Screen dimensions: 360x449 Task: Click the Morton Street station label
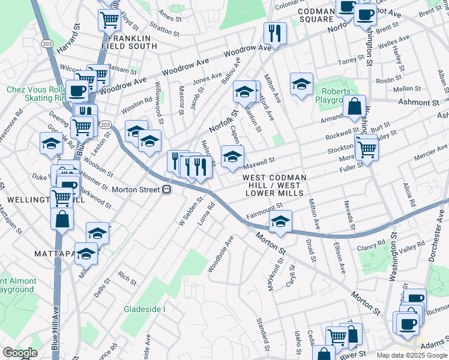(136, 190)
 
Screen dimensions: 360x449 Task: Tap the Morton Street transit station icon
(167, 190)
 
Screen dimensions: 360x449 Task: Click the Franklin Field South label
(133, 41)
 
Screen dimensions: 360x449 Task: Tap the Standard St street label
(262, 335)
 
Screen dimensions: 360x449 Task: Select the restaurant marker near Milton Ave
(275, 32)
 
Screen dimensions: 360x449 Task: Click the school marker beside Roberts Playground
(301, 84)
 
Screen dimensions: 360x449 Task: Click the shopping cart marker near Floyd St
(109, 19)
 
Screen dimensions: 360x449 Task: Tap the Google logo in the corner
(19, 353)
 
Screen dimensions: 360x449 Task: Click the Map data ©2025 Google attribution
(412, 355)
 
